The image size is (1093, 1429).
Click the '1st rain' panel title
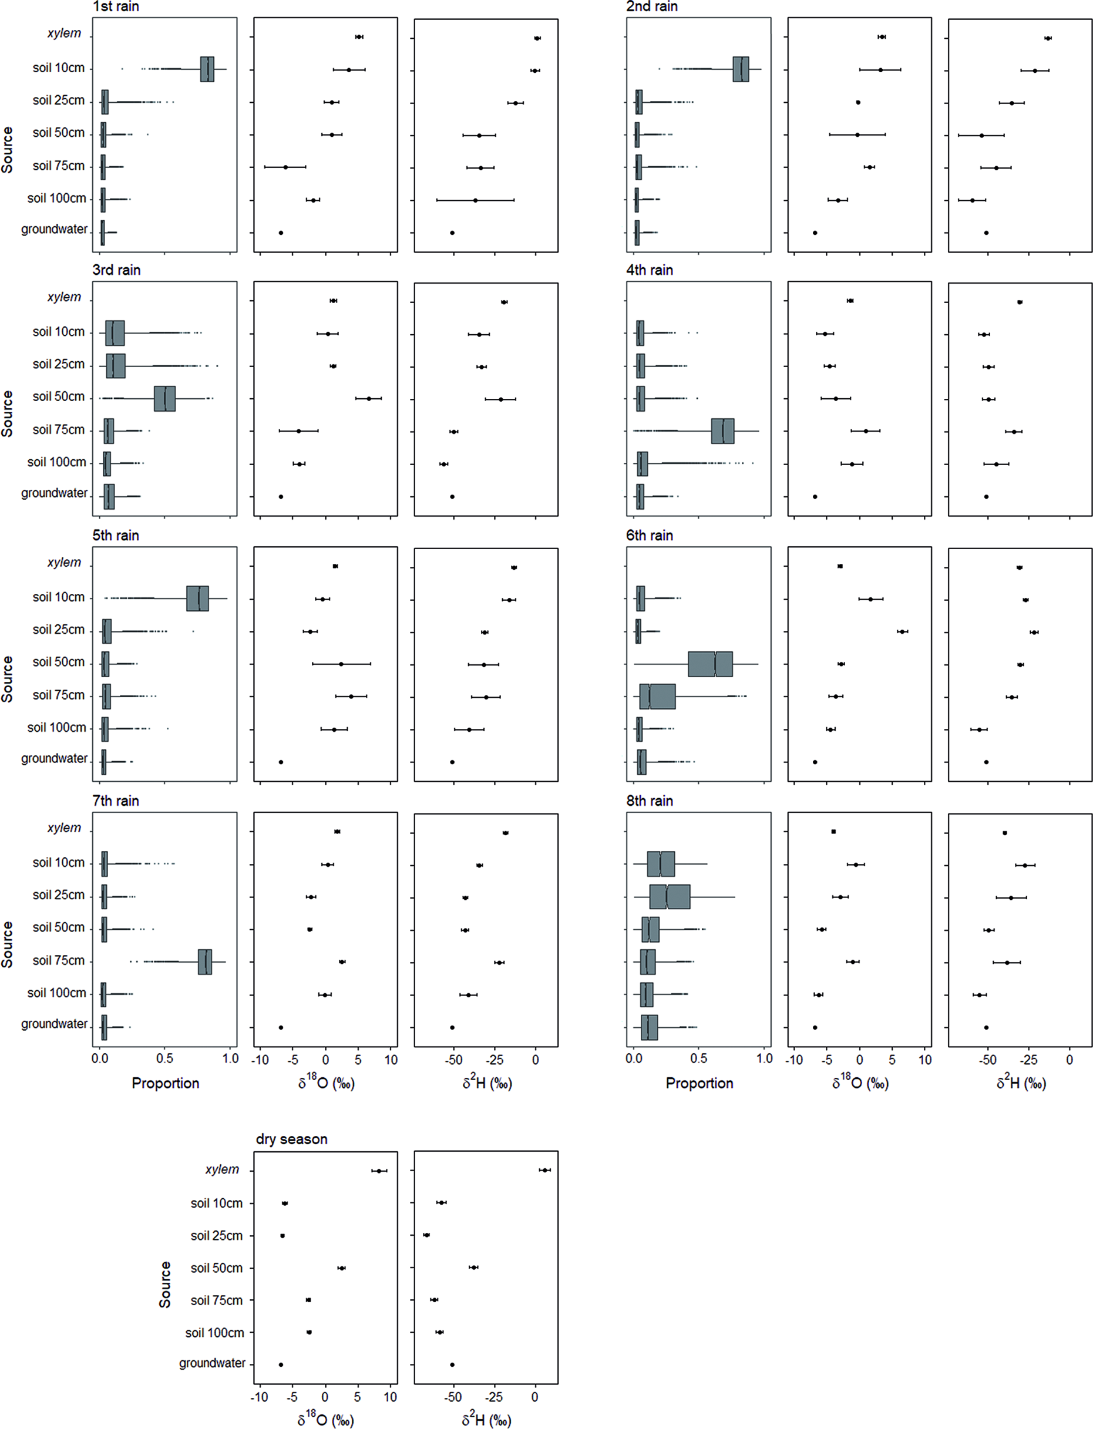[115, 6]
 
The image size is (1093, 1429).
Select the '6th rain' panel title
[650, 535]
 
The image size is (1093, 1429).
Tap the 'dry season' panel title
[291, 1139]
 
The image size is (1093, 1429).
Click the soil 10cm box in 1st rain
[207, 69]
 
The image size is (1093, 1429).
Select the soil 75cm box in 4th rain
[722, 431]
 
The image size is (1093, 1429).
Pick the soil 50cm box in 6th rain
[710, 664]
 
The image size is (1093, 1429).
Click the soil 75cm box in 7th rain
[205, 961]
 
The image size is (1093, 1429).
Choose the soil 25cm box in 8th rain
[670, 896]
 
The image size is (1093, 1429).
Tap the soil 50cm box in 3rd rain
[164, 398]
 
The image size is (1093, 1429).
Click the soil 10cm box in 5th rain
[197, 598]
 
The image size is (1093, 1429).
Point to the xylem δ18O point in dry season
[379, 1170]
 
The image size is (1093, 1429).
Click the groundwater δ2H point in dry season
[452, 1364]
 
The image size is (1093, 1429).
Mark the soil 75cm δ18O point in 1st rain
[285, 167]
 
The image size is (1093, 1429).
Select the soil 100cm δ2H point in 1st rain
[475, 200]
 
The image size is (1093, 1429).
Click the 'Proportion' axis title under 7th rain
[165, 1083]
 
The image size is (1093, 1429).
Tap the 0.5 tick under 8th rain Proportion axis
[699, 1059]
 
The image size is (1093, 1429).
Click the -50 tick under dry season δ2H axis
[453, 1396]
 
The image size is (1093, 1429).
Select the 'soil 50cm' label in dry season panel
[216, 1267]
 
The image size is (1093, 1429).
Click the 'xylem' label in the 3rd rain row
[64, 297]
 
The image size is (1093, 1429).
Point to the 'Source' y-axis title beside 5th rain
[7, 678]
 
